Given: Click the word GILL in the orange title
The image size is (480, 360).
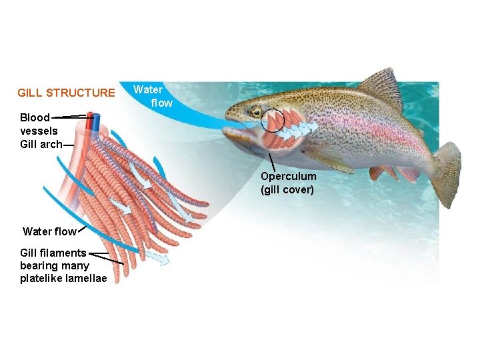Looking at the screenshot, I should click(x=30, y=93).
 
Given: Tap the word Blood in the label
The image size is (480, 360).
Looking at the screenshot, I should click(x=35, y=118).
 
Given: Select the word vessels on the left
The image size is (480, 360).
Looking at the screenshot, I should click(x=39, y=131).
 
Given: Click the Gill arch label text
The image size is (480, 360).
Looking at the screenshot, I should click(x=41, y=144).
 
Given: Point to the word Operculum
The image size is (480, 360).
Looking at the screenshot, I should click(x=288, y=177).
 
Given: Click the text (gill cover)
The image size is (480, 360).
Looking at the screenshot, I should click(x=287, y=189).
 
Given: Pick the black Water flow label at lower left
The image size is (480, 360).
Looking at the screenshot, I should click(x=49, y=232).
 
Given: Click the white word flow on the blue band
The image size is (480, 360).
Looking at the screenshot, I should click(x=162, y=103).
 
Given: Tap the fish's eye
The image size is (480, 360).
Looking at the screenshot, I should click(x=257, y=112).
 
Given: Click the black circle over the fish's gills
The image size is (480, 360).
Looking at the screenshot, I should click(x=273, y=120).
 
